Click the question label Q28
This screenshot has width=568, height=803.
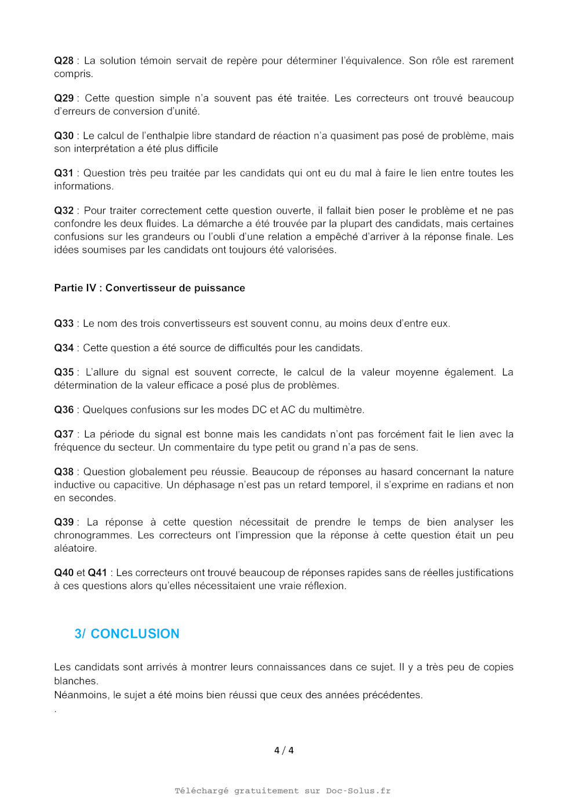click(x=64, y=61)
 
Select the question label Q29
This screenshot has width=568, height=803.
click(x=64, y=98)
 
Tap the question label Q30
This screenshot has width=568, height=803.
click(x=64, y=136)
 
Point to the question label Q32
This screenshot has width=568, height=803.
click(x=64, y=211)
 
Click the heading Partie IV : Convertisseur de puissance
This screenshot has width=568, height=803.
click(x=150, y=288)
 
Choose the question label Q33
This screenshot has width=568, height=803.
click(x=64, y=323)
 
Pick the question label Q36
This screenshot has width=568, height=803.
click(x=64, y=410)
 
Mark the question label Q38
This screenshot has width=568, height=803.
click(x=64, y=472)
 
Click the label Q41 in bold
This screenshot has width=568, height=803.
click(x=97, y=573)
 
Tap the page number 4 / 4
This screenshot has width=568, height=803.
click(x=284, y=750)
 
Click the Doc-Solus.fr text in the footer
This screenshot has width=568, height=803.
click(x=358, y=791)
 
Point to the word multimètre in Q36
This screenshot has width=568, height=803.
click(x=338, y=410)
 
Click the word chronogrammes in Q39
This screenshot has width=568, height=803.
click(x=93, y=535)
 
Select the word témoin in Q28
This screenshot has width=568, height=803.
click(x=157, y=61)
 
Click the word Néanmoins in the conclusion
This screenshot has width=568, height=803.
click(x=81, y=695)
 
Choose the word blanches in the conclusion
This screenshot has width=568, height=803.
click(x=75, y=681)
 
